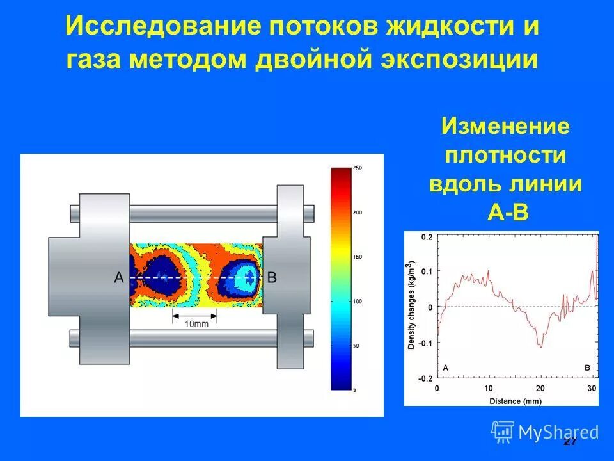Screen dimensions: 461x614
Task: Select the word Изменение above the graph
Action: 505,126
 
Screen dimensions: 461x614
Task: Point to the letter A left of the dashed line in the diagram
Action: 118,277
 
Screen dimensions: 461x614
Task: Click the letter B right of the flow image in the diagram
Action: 272,277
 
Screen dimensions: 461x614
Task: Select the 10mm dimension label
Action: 194,323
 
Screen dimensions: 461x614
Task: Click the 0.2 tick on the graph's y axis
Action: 427,237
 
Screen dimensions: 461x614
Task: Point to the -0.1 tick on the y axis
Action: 425,343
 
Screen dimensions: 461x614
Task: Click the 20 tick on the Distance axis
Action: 540,389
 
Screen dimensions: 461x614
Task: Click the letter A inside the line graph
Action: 445,368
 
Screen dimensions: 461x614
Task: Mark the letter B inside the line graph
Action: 588,368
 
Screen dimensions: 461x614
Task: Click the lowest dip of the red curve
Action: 540,346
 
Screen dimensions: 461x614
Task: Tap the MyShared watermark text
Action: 558,432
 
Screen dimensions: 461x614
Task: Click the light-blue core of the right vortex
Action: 246,277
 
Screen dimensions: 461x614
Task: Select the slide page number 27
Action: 570,442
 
